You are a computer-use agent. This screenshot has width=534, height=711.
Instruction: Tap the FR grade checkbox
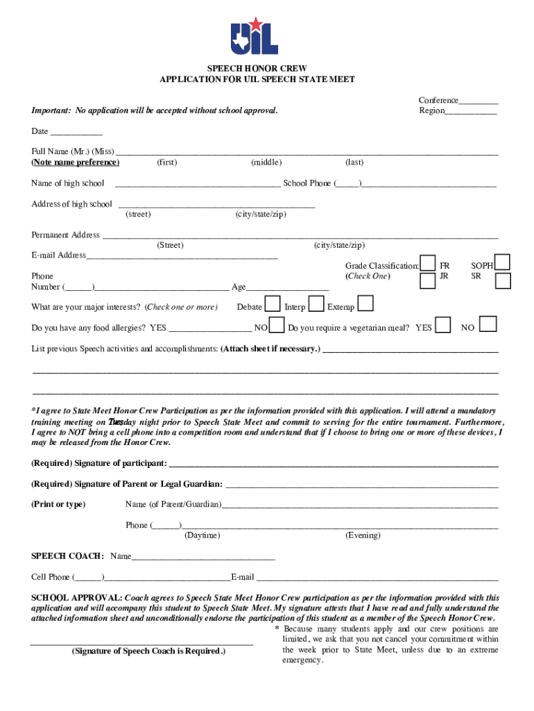coord(429,264)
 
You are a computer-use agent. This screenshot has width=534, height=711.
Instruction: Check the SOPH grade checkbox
coord(503,262)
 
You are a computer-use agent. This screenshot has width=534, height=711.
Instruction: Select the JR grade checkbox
coord(429,280)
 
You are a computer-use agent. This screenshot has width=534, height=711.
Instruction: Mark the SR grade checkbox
coord(503,280)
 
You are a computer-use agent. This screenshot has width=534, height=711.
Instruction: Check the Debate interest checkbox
coord(274,305)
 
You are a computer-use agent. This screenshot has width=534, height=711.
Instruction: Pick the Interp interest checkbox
coord(316,304)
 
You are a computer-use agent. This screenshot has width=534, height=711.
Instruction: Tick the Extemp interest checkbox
coord(365,304)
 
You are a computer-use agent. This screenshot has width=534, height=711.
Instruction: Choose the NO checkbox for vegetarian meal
coord(488,324)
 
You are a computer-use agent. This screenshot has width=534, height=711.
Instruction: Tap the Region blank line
coord(471,112)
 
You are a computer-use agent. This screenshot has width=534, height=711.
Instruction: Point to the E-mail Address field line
coord(182,256)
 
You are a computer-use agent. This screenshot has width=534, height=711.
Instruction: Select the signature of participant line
coord(334,464)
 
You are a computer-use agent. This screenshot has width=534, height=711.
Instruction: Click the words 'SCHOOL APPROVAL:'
coord(77,597)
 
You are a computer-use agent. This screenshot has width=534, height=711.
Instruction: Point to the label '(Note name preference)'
coord(75,162)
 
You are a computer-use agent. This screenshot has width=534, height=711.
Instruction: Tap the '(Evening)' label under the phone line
coord(363,535)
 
